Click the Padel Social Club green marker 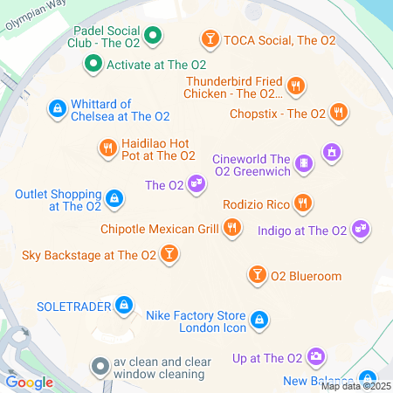(x=154, y=37)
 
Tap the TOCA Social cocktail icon (x=210, y=38)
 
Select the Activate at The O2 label (x=155, y=65)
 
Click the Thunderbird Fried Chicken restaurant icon (x=297, y=86)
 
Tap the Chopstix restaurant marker (x=339, y=113)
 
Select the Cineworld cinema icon (x=304, y=162)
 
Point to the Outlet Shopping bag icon (x=114, y=199)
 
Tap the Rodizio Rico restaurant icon (x=302, y=203)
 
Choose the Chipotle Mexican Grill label (x=170, y=230)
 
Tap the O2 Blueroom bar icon (x=258, y=276)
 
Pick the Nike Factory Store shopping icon (x=259, y=321)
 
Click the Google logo (x=30, y=382)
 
